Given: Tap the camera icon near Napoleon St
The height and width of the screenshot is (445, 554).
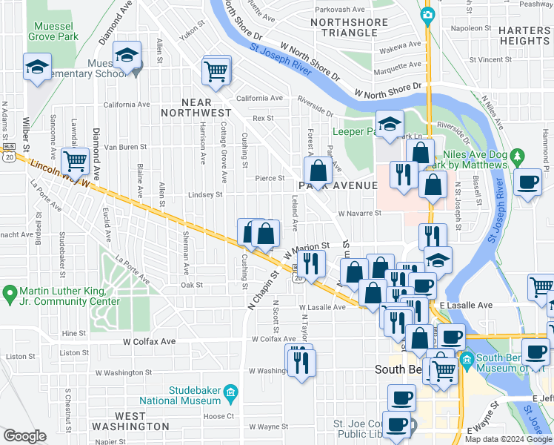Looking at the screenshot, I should [427, 15].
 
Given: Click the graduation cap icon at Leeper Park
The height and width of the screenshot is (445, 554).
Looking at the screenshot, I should [389, 124].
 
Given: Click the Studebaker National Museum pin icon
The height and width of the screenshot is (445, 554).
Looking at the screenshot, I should [230, 391].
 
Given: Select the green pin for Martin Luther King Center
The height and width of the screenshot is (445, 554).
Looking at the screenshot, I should [10, 294].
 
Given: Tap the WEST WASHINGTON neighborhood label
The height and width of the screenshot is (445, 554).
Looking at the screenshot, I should [130, 421].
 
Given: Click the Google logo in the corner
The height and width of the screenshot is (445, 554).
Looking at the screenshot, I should [24, 436].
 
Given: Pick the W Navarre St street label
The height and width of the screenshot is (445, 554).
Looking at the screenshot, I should [359, 213].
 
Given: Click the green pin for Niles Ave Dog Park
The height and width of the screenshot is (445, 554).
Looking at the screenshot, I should [518, 157].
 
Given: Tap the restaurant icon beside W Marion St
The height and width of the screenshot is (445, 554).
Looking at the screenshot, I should [312, 263].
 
